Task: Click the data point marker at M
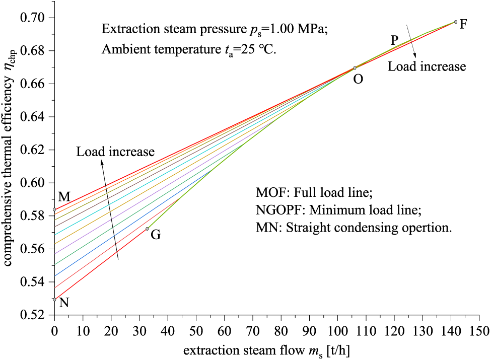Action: pyautogui.click(x=54, y=209)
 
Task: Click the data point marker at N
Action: pyautogui.click(x=54, y=299)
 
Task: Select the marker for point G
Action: pyautogui.click(x=147, y=229)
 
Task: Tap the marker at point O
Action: pyautogui.click(x=355, y=68)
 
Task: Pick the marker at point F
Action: pyautogui.click(x=456, y=22)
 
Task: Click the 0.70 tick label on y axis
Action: pyautogui.click(x=34, y=18)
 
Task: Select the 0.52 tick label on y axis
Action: pyautogui.click(x=34, y=315)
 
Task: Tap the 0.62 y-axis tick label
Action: pyautogui.click(x=34, y=150)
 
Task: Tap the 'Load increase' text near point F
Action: pyautogui.click(x=427, y=66)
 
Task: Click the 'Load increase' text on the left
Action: pyautogui.click(x=115, y=151)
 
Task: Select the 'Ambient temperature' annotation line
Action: pyautogui.click(x=189, y=50)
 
